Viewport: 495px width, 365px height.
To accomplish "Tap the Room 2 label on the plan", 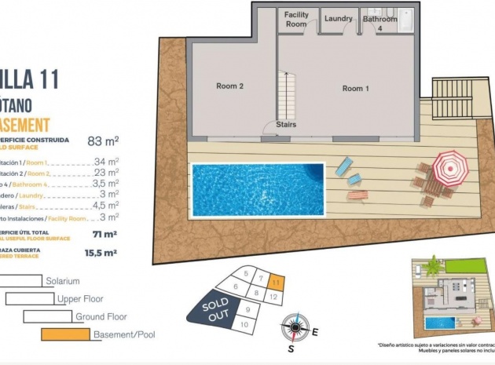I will [229, 86].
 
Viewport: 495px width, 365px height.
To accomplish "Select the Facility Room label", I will [296, 19].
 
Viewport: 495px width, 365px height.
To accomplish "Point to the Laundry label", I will [338, 19].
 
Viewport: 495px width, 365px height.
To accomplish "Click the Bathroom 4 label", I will [380, 24].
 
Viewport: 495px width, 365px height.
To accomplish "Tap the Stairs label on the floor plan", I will [286, 124].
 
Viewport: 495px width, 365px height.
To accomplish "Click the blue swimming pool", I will [258, 188].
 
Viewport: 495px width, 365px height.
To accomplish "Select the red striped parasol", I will [450, 167].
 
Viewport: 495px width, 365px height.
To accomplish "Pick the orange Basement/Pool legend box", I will [65, 334].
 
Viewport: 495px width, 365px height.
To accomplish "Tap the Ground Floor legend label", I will [102, 317].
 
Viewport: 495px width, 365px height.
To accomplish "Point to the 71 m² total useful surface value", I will [104, 234].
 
